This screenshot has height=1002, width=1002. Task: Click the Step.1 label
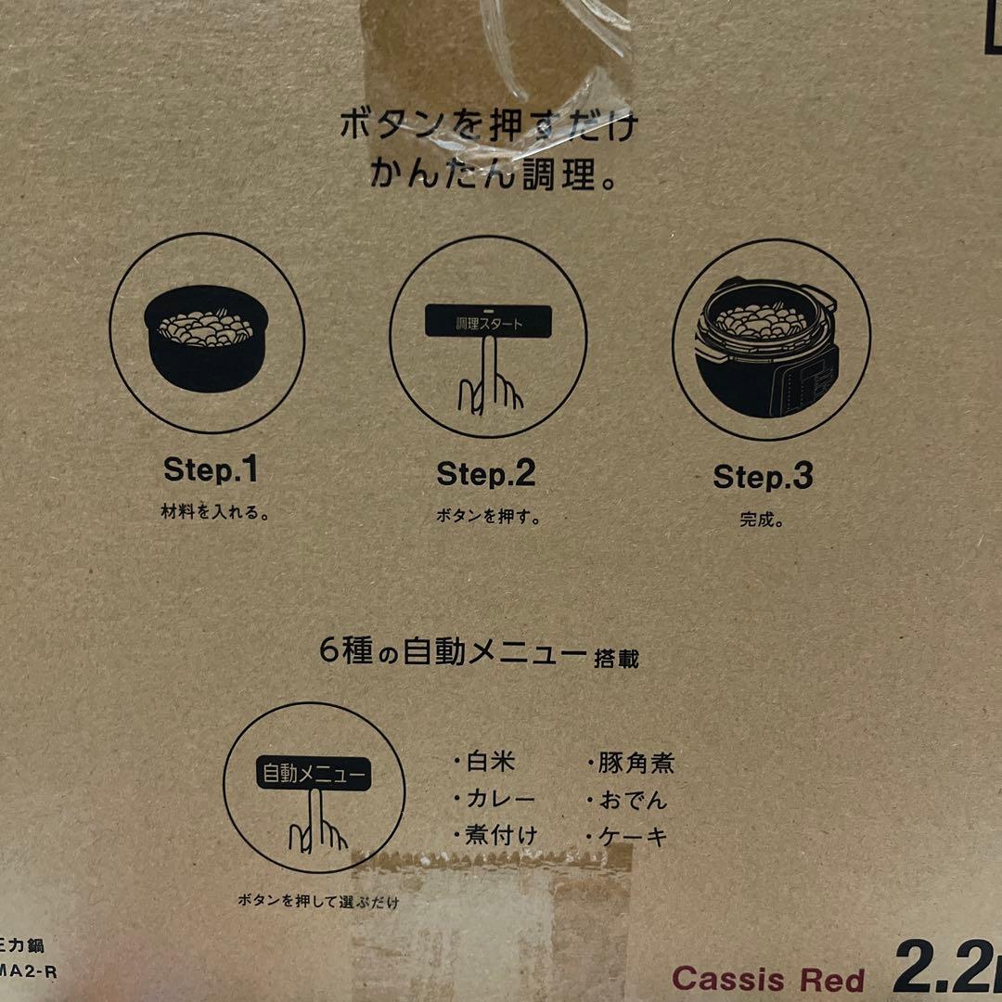(211, 469)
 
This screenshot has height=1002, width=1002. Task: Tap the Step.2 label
(486, 474)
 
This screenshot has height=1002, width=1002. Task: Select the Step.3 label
(763, 477)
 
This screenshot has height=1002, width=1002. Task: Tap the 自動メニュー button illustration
(314, 774)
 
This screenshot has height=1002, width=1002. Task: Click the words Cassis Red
(767, 979)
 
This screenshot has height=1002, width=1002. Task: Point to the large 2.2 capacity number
(942, 970)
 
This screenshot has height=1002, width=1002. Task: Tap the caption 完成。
(762, 520)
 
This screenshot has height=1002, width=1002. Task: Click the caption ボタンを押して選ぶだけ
(318, 901)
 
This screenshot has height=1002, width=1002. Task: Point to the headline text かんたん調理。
(493, 173)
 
